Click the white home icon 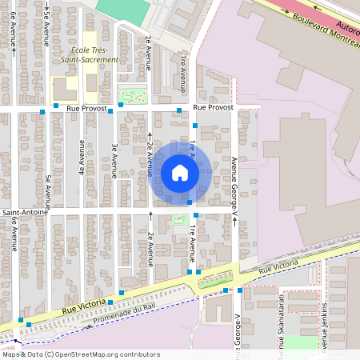(x=179, y=173)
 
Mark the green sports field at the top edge (x=124, y=9)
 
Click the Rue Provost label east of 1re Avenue (x=213, y=106)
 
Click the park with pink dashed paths (x=132, y=96)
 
